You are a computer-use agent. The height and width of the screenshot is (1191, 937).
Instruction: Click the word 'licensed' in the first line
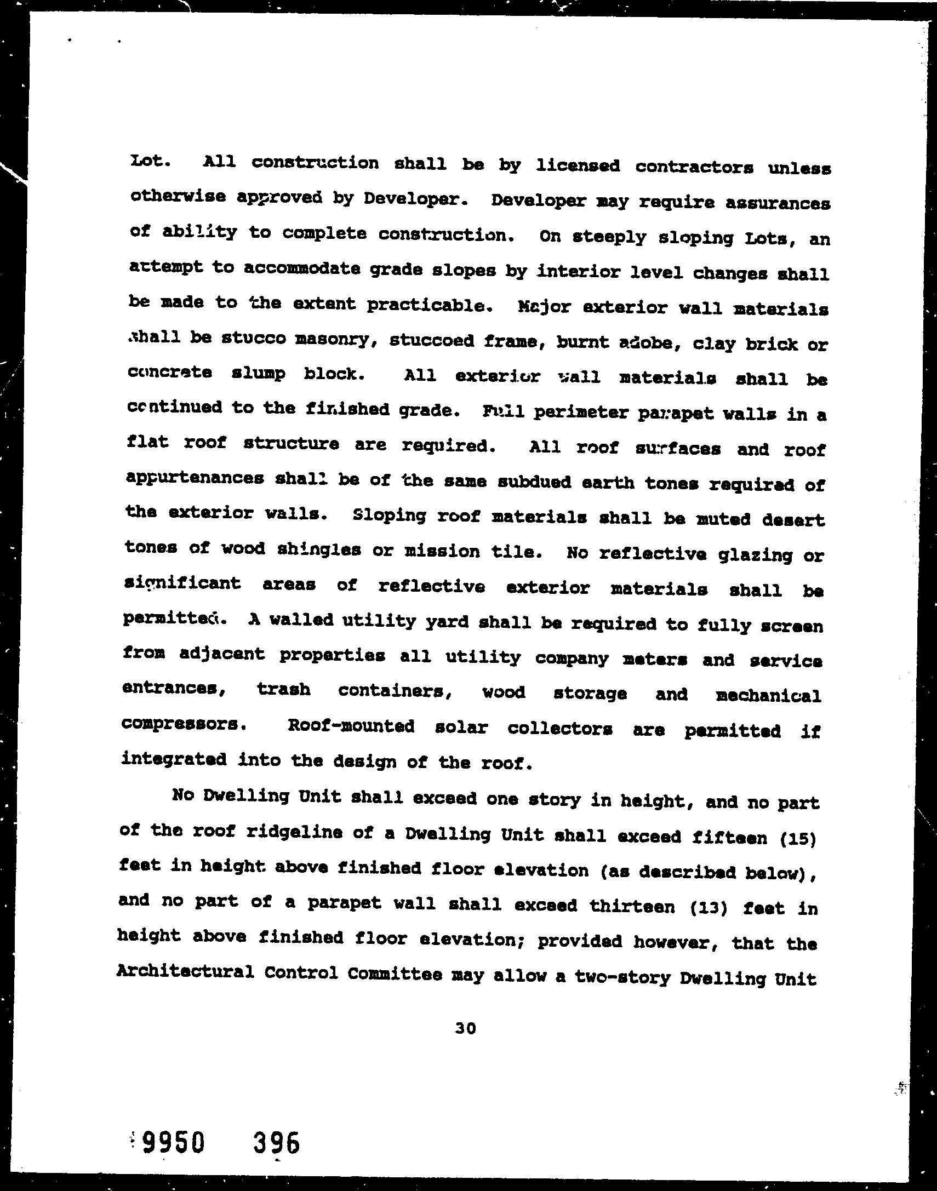point(577,165)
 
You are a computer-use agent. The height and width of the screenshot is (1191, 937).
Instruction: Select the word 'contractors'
point(694,167)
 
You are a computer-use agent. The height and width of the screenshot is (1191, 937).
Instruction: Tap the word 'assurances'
point(778,203)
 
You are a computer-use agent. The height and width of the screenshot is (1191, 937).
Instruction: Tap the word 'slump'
point(258,374)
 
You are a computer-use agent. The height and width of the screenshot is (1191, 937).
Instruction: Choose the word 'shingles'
point(318,550)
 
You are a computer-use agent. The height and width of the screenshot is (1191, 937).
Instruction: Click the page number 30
point(465,1029)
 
